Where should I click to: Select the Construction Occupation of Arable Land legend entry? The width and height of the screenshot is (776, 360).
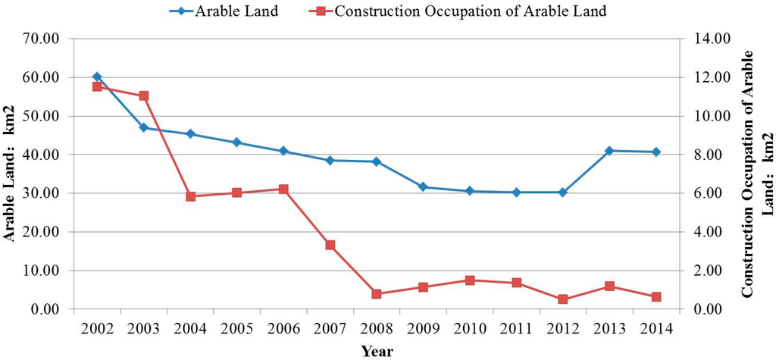coord(470,11)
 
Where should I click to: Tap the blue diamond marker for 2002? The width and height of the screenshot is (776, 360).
coord(97,77)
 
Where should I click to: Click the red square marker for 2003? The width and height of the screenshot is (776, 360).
coord(143,95)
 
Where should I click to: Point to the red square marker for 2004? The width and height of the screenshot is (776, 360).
coord(190,196)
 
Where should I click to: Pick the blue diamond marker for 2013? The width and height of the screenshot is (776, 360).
coord(609,151)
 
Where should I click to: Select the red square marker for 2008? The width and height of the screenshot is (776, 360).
coord(377,294)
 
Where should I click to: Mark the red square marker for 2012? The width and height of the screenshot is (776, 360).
coord(563,299)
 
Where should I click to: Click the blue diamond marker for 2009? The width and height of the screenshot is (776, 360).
coord(423,186)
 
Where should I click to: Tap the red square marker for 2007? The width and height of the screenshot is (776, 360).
coord(330,245)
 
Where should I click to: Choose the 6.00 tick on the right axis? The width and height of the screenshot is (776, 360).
coord(710,193)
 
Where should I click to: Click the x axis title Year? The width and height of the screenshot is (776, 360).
coord(377,350)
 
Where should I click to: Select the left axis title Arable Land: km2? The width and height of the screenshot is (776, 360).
coord(11,174)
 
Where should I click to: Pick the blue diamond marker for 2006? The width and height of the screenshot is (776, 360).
coord(283,151)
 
